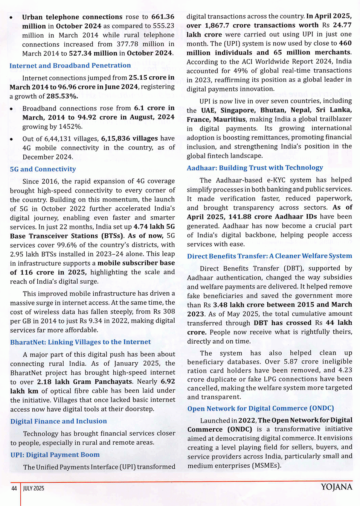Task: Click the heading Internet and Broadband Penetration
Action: pos(70,65)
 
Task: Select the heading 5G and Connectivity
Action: pos(43,169)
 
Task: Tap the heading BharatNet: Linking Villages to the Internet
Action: pos(81,342)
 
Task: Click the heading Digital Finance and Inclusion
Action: pos(59,421)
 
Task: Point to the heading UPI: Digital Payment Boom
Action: pos(55,455)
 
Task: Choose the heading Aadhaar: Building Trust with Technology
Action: pos(255,168)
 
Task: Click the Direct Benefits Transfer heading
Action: pos(270,256)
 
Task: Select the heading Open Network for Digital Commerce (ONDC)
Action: pos(261,409)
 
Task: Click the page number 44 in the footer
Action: pos(14,488)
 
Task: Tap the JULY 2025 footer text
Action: pos(34,488)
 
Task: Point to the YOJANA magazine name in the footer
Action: pos(336,487)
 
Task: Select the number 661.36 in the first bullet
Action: pos(163,17)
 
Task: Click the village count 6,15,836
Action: pos(119,138)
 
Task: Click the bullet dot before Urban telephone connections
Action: pos(12,18)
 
